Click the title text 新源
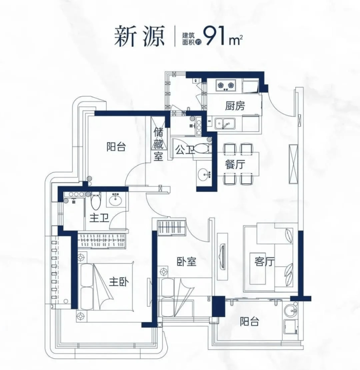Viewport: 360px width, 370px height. pos(139,37)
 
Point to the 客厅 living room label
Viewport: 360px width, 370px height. pos(264,262)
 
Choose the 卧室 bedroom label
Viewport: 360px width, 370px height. pos(186,262)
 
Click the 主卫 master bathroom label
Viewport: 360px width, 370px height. pos(98,219)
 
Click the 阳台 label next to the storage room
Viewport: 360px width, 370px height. pos(116,147)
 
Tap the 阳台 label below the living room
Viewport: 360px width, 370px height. pos(249,322)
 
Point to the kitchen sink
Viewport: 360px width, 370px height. pos(224,124)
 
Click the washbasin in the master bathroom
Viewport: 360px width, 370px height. pos(116,200)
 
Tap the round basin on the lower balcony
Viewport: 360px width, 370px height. pos(291,309)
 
